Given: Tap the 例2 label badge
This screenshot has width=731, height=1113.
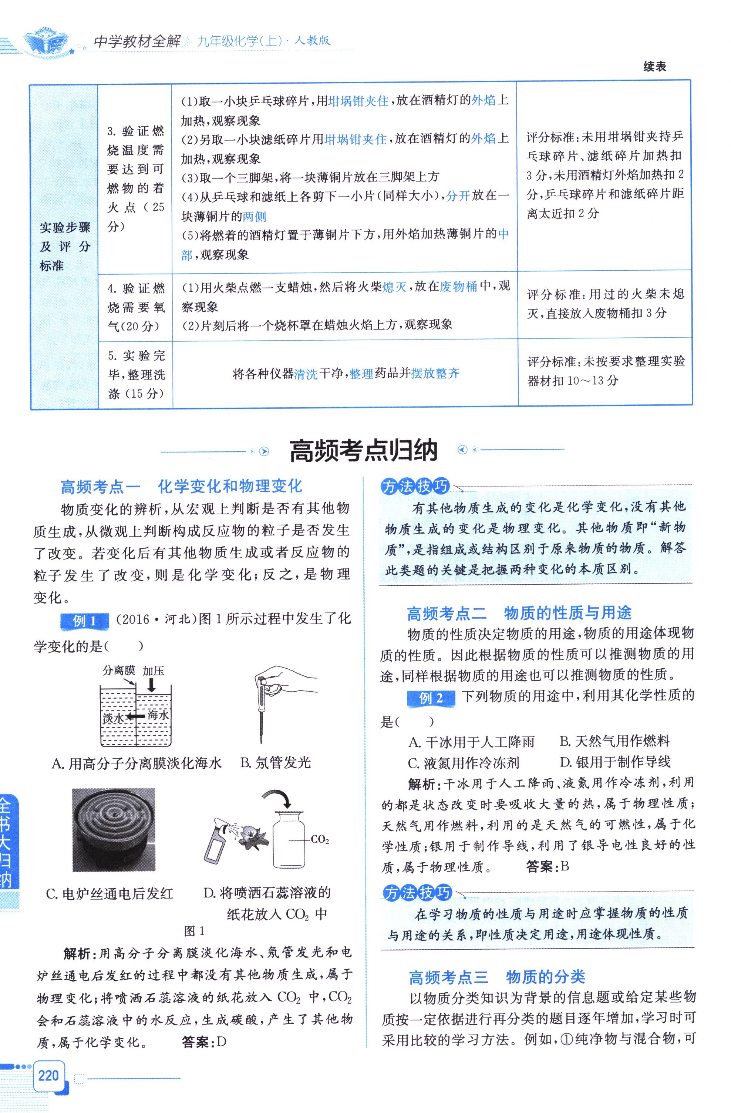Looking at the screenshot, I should coord(431,699).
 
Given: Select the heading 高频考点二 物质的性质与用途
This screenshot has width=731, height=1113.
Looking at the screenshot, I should coord(519,613).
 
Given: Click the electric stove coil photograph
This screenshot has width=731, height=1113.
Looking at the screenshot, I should coord(114,830).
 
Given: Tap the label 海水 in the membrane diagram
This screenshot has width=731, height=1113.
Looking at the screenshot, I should coord(158,715).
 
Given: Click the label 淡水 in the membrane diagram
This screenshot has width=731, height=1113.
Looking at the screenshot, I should coord(112,718).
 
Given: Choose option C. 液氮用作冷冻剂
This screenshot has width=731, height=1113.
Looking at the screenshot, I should coord(463,763).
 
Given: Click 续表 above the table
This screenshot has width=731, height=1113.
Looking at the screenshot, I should coord(654,67).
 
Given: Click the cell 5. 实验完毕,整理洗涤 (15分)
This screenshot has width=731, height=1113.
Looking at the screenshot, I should coord(135,375).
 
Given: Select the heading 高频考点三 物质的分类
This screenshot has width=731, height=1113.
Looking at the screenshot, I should coord(497,977).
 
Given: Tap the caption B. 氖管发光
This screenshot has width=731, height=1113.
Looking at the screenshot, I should coord(275,763).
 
